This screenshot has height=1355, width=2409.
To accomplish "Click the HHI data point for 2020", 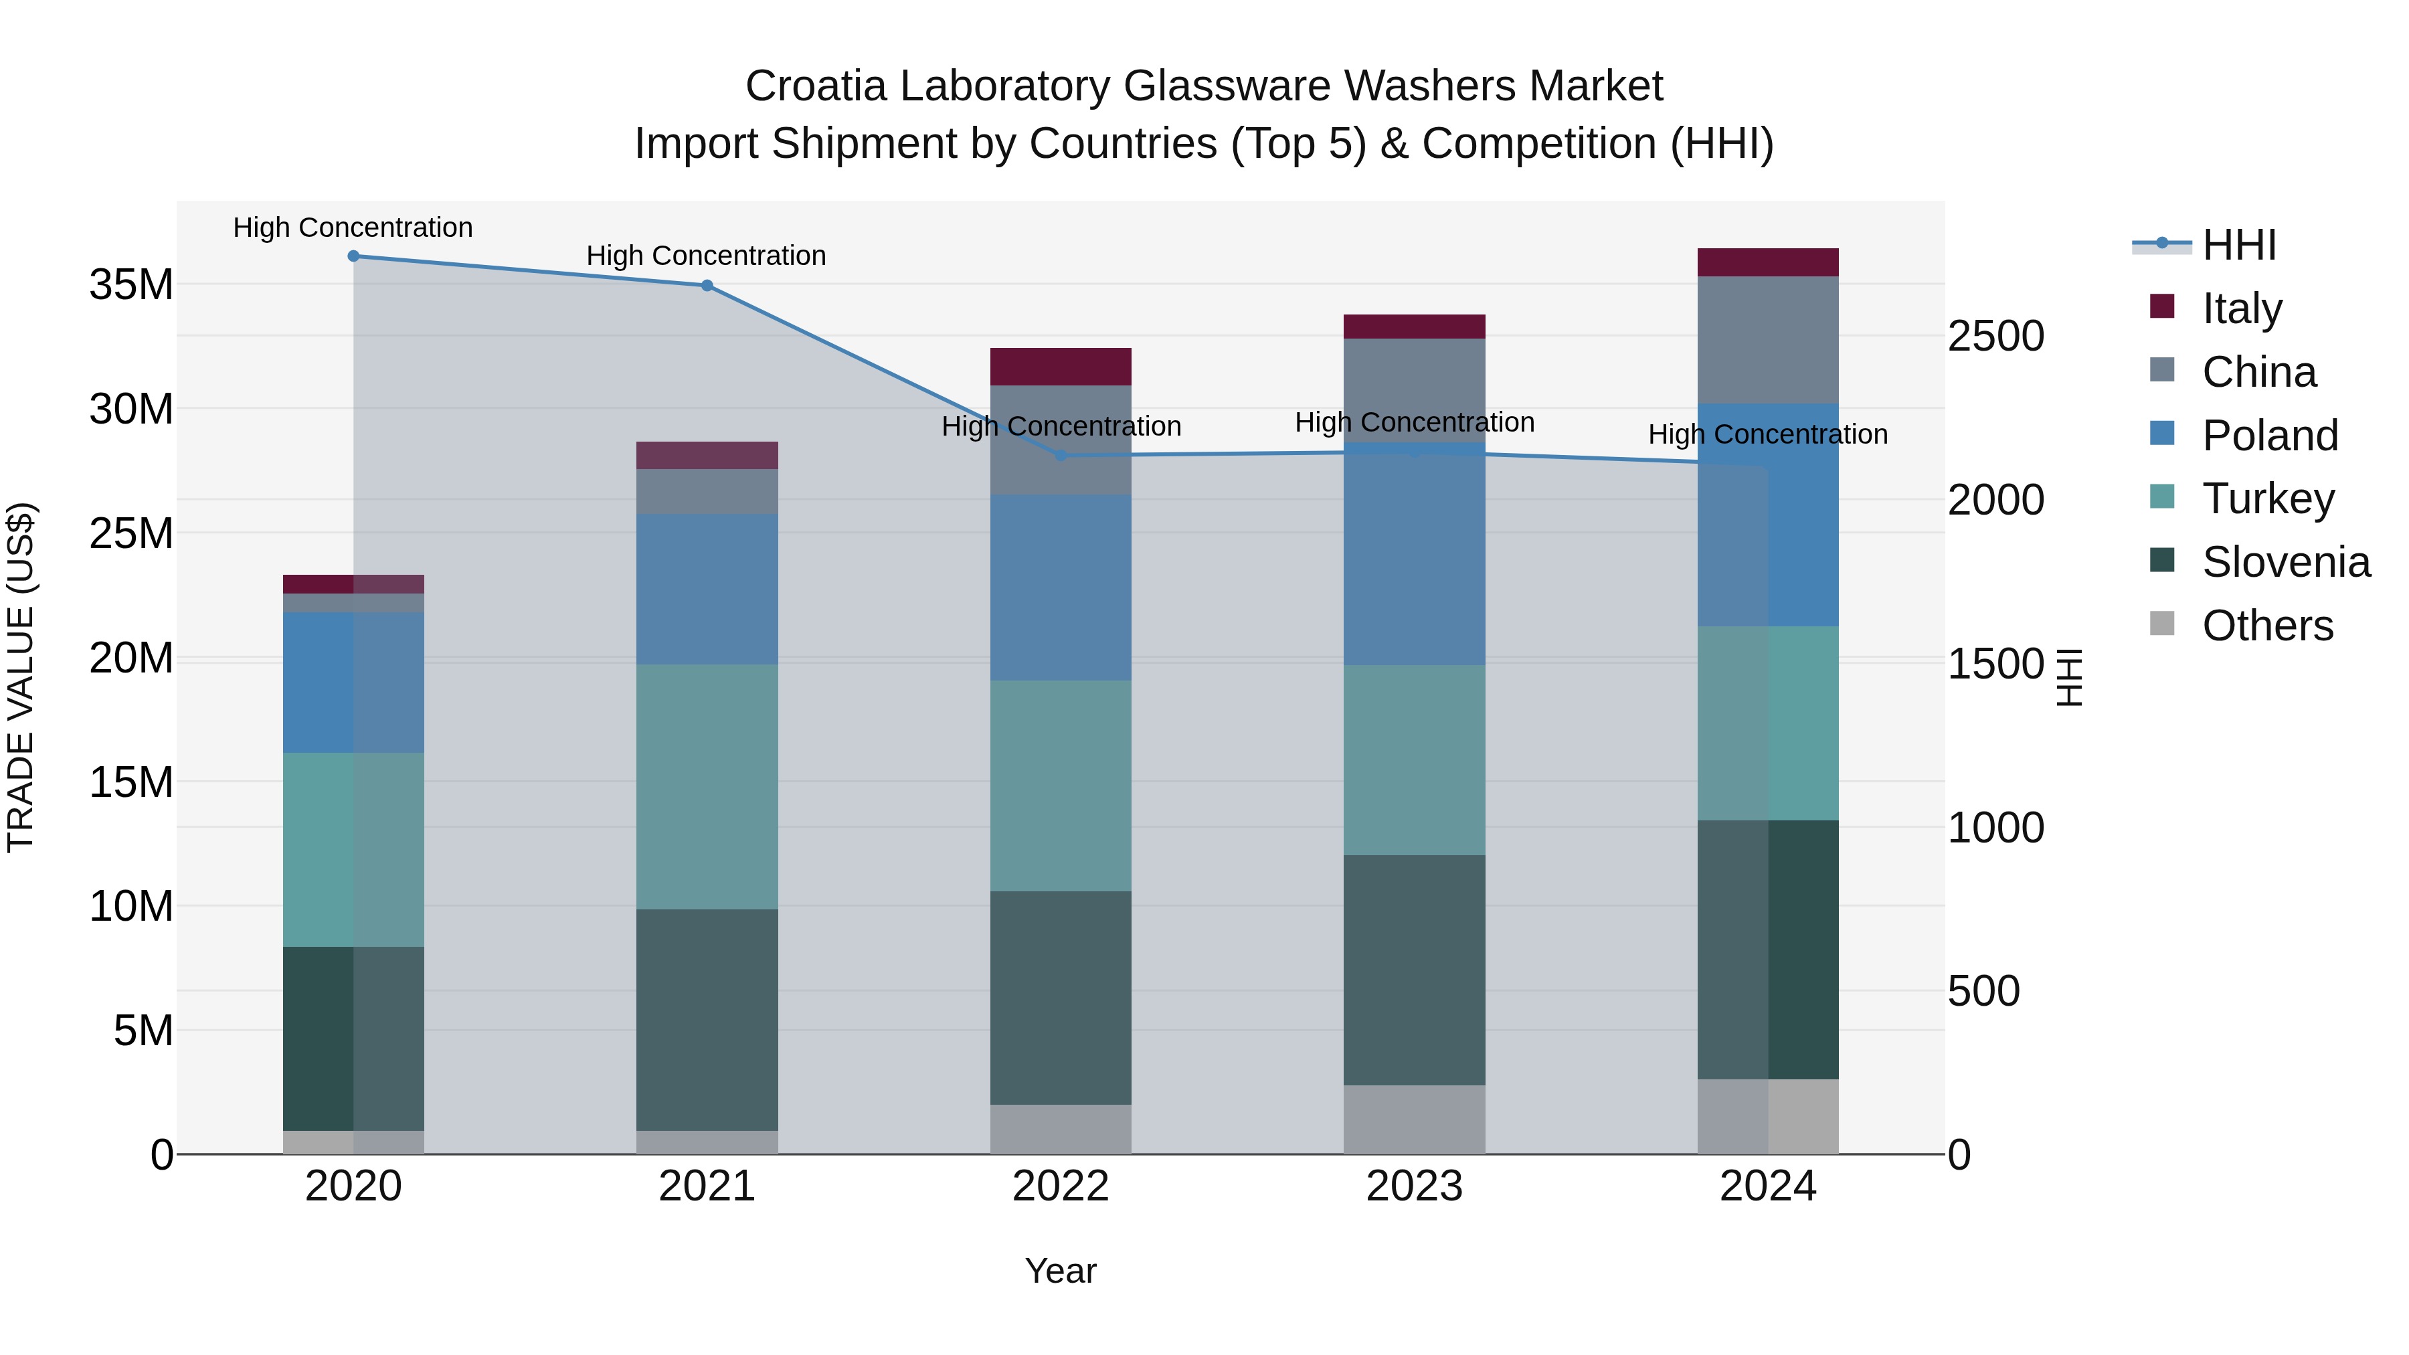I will click(x=353, y=256).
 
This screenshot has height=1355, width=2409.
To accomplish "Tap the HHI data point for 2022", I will click(x=1061, y=456).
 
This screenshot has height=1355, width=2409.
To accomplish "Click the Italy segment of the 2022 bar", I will click(x=1061, y=367).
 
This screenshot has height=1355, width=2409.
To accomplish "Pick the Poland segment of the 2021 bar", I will click(x=707, y=589).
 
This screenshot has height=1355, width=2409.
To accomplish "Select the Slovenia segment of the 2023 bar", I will click(x=1414, y=970).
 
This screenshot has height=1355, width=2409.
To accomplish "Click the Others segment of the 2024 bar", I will click(x=1767, y=1117).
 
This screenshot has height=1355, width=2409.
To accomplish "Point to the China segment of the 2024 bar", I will click(x=1767, y=339).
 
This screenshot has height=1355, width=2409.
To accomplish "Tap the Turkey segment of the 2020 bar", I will click(x=353, y=849).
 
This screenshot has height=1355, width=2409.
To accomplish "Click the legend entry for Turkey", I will click(x=2267, y=499).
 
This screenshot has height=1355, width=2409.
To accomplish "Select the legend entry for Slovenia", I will click(x=2285, y=562).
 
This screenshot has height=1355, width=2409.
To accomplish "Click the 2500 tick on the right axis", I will click(x=1995, y=337).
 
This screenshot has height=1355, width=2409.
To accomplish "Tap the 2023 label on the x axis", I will click(x=1414, y=1186).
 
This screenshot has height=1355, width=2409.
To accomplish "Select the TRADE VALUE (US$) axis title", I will click(x=21, y=677).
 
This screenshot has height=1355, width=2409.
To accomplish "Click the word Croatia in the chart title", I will click(x=816, y=86).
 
